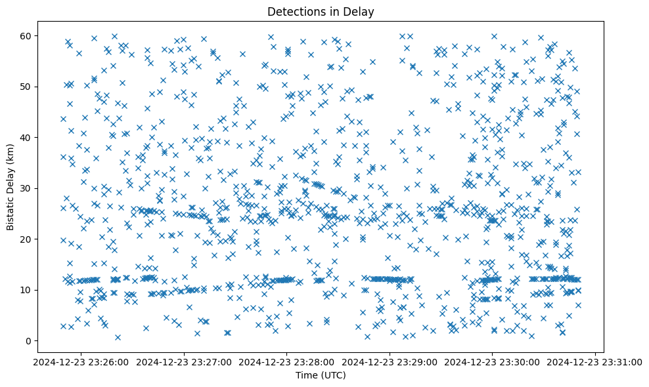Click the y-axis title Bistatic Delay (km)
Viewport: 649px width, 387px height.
(11, 188)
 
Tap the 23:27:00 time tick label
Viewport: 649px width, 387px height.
(185, 361)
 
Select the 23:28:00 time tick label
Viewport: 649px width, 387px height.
(287, 361)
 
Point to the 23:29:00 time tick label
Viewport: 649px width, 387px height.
(390, 361)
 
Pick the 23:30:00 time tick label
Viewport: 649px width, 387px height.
(493, 361)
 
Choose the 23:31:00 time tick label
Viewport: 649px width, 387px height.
(596, 361)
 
